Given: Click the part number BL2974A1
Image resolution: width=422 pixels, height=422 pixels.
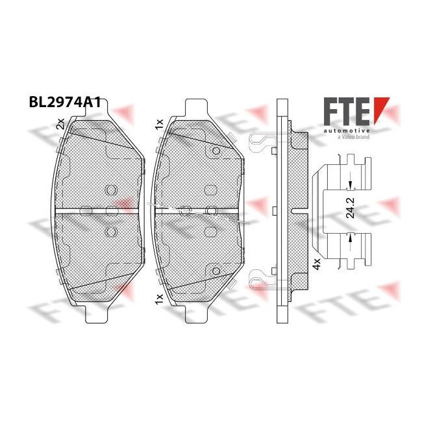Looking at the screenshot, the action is [x=65, y=103].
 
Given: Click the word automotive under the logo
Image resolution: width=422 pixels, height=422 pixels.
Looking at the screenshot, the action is [x=347, y=130].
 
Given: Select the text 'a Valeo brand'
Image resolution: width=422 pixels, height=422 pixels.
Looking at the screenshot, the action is [x=354, y=137].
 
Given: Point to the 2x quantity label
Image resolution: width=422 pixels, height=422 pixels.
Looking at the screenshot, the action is [x=60, y=123].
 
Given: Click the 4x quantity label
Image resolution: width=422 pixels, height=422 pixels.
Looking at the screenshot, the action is [x=316, y=264].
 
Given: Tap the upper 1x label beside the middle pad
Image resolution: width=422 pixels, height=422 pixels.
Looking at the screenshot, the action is [x=160, y=125].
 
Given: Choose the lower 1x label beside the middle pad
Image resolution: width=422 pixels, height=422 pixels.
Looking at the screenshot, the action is [x=160, y=299].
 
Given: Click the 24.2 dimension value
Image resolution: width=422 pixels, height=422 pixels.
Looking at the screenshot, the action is [x=350, y=208].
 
